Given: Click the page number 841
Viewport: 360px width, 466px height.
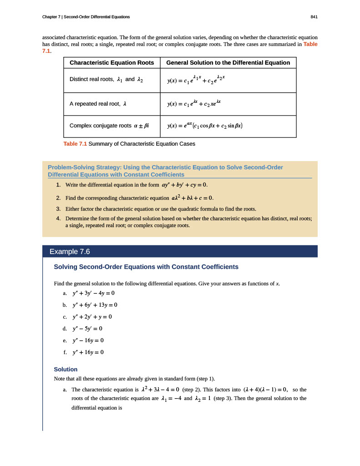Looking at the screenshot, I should click(x=314, y=17).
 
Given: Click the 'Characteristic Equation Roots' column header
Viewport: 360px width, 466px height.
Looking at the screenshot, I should click(x=112, y=62).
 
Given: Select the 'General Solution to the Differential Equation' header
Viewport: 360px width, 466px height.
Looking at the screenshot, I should click(x=228, y=62).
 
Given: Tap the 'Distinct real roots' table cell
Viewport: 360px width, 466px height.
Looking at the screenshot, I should click(x=106, y=79).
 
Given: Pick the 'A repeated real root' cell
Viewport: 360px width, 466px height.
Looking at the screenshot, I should click(x=97, y=104).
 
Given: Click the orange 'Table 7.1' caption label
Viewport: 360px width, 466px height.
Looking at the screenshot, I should click(x=75, y=144).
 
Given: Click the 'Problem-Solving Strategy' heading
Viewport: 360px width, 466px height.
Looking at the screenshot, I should click(x=165, y=171).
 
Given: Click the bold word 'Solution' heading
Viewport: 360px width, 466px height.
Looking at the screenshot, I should click(x=66, y=369).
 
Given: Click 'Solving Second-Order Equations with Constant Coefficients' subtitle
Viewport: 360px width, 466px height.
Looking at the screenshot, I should click(x=146, y=267).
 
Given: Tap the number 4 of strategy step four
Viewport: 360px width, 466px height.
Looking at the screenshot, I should click(x=58, y=218).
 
